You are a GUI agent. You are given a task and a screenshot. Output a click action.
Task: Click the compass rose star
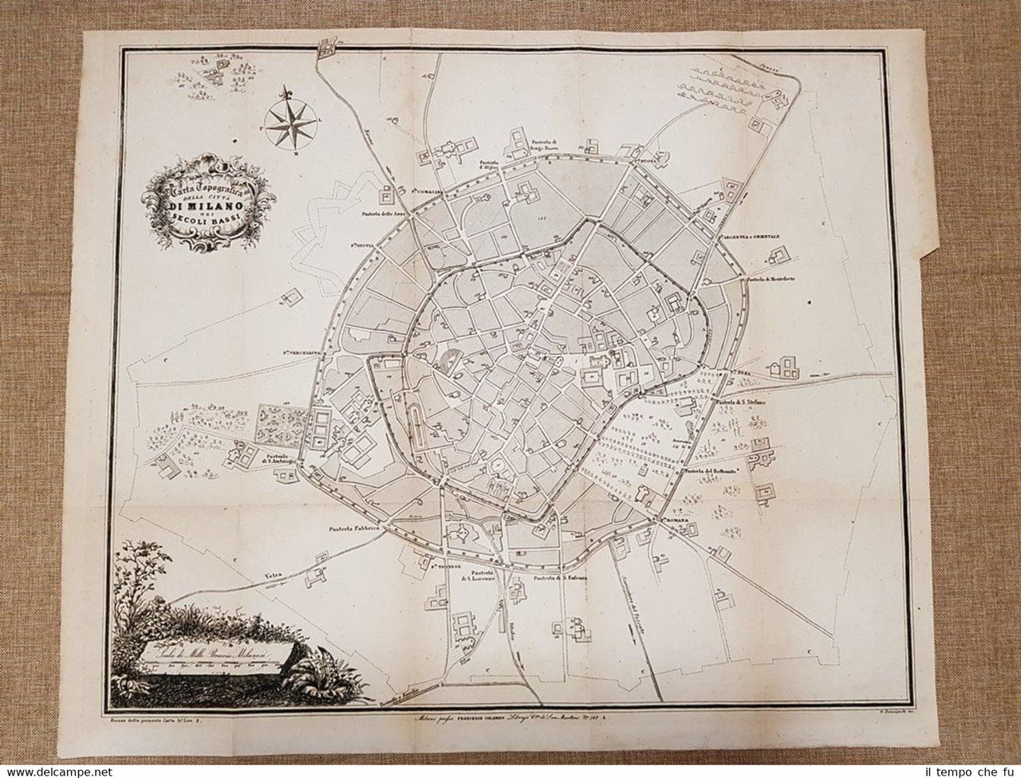[x=289, y=120]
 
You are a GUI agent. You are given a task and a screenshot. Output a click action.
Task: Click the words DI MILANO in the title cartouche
[x=206, y=208]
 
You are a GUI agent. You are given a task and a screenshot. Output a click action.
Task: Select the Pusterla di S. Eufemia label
[x=560, y=577]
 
